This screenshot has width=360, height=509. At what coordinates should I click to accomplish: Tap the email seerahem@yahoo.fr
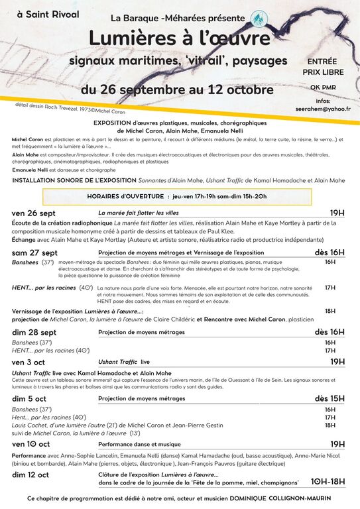point(323,108)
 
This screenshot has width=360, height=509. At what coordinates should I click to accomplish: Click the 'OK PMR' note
point(322,87)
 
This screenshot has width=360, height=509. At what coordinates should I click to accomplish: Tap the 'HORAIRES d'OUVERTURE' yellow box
point(177,196)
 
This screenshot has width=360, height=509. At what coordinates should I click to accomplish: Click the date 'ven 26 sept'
point(34,213)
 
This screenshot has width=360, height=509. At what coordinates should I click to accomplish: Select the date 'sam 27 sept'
point(35,253)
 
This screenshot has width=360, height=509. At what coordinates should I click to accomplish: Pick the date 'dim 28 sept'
point(34,332)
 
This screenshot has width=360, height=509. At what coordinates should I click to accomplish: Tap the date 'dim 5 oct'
point(29,399)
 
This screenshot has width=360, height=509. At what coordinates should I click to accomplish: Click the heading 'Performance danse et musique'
point(139,444)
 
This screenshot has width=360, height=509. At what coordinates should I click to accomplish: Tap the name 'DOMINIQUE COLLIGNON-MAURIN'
point(280,497)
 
